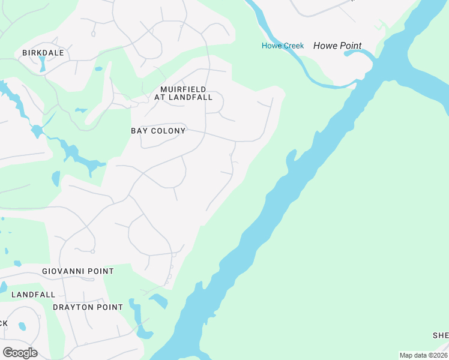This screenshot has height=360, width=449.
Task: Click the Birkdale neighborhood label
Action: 43,53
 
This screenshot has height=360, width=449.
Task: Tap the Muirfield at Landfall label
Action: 183,93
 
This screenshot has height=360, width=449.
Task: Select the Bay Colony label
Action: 158,130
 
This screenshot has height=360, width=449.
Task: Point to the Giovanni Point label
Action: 77,271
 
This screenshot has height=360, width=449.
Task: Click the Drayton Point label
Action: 88,307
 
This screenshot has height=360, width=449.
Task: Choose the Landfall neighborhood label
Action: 33,295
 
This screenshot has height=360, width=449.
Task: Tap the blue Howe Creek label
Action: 283,46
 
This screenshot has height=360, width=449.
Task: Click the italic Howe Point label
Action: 337,46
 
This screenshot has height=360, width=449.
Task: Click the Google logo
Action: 20,352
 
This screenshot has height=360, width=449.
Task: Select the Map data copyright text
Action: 424,355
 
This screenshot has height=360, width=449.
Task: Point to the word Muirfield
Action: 183,89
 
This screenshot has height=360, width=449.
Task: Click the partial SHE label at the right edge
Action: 441,335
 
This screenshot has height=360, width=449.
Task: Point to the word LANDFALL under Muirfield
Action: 191,97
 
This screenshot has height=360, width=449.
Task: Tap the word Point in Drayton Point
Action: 110,307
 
